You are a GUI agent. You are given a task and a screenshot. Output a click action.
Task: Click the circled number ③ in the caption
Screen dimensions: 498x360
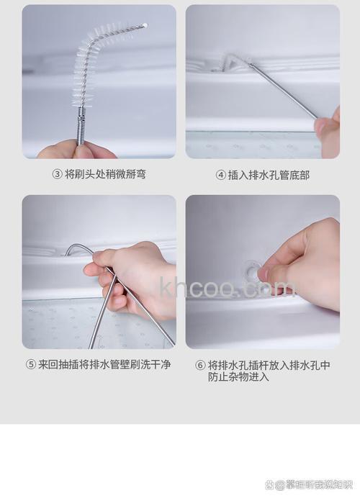pyautogui.click(x=56, y=174)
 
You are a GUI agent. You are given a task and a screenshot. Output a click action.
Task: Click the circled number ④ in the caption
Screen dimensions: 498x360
pyautogui.click(x=220, y=175)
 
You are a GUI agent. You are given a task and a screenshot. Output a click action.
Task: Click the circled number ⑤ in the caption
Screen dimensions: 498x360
pyautogui.click(x=31, y=364)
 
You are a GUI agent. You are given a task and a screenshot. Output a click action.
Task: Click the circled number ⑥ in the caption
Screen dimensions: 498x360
pyautogui.click(x=200, y=365)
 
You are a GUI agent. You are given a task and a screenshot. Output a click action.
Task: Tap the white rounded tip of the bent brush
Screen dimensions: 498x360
pyautogui.click(x=145, y=25)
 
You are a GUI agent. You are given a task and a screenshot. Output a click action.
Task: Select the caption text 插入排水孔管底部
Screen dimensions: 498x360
pyautogui.click(x=269, y=175)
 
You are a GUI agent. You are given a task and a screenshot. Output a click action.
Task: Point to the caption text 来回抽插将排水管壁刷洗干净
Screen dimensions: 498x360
pyautogui.click(x=104, y=364)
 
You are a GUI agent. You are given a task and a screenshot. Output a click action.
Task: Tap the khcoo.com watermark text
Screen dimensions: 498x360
pyautogui.click(x=227, y=288)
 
